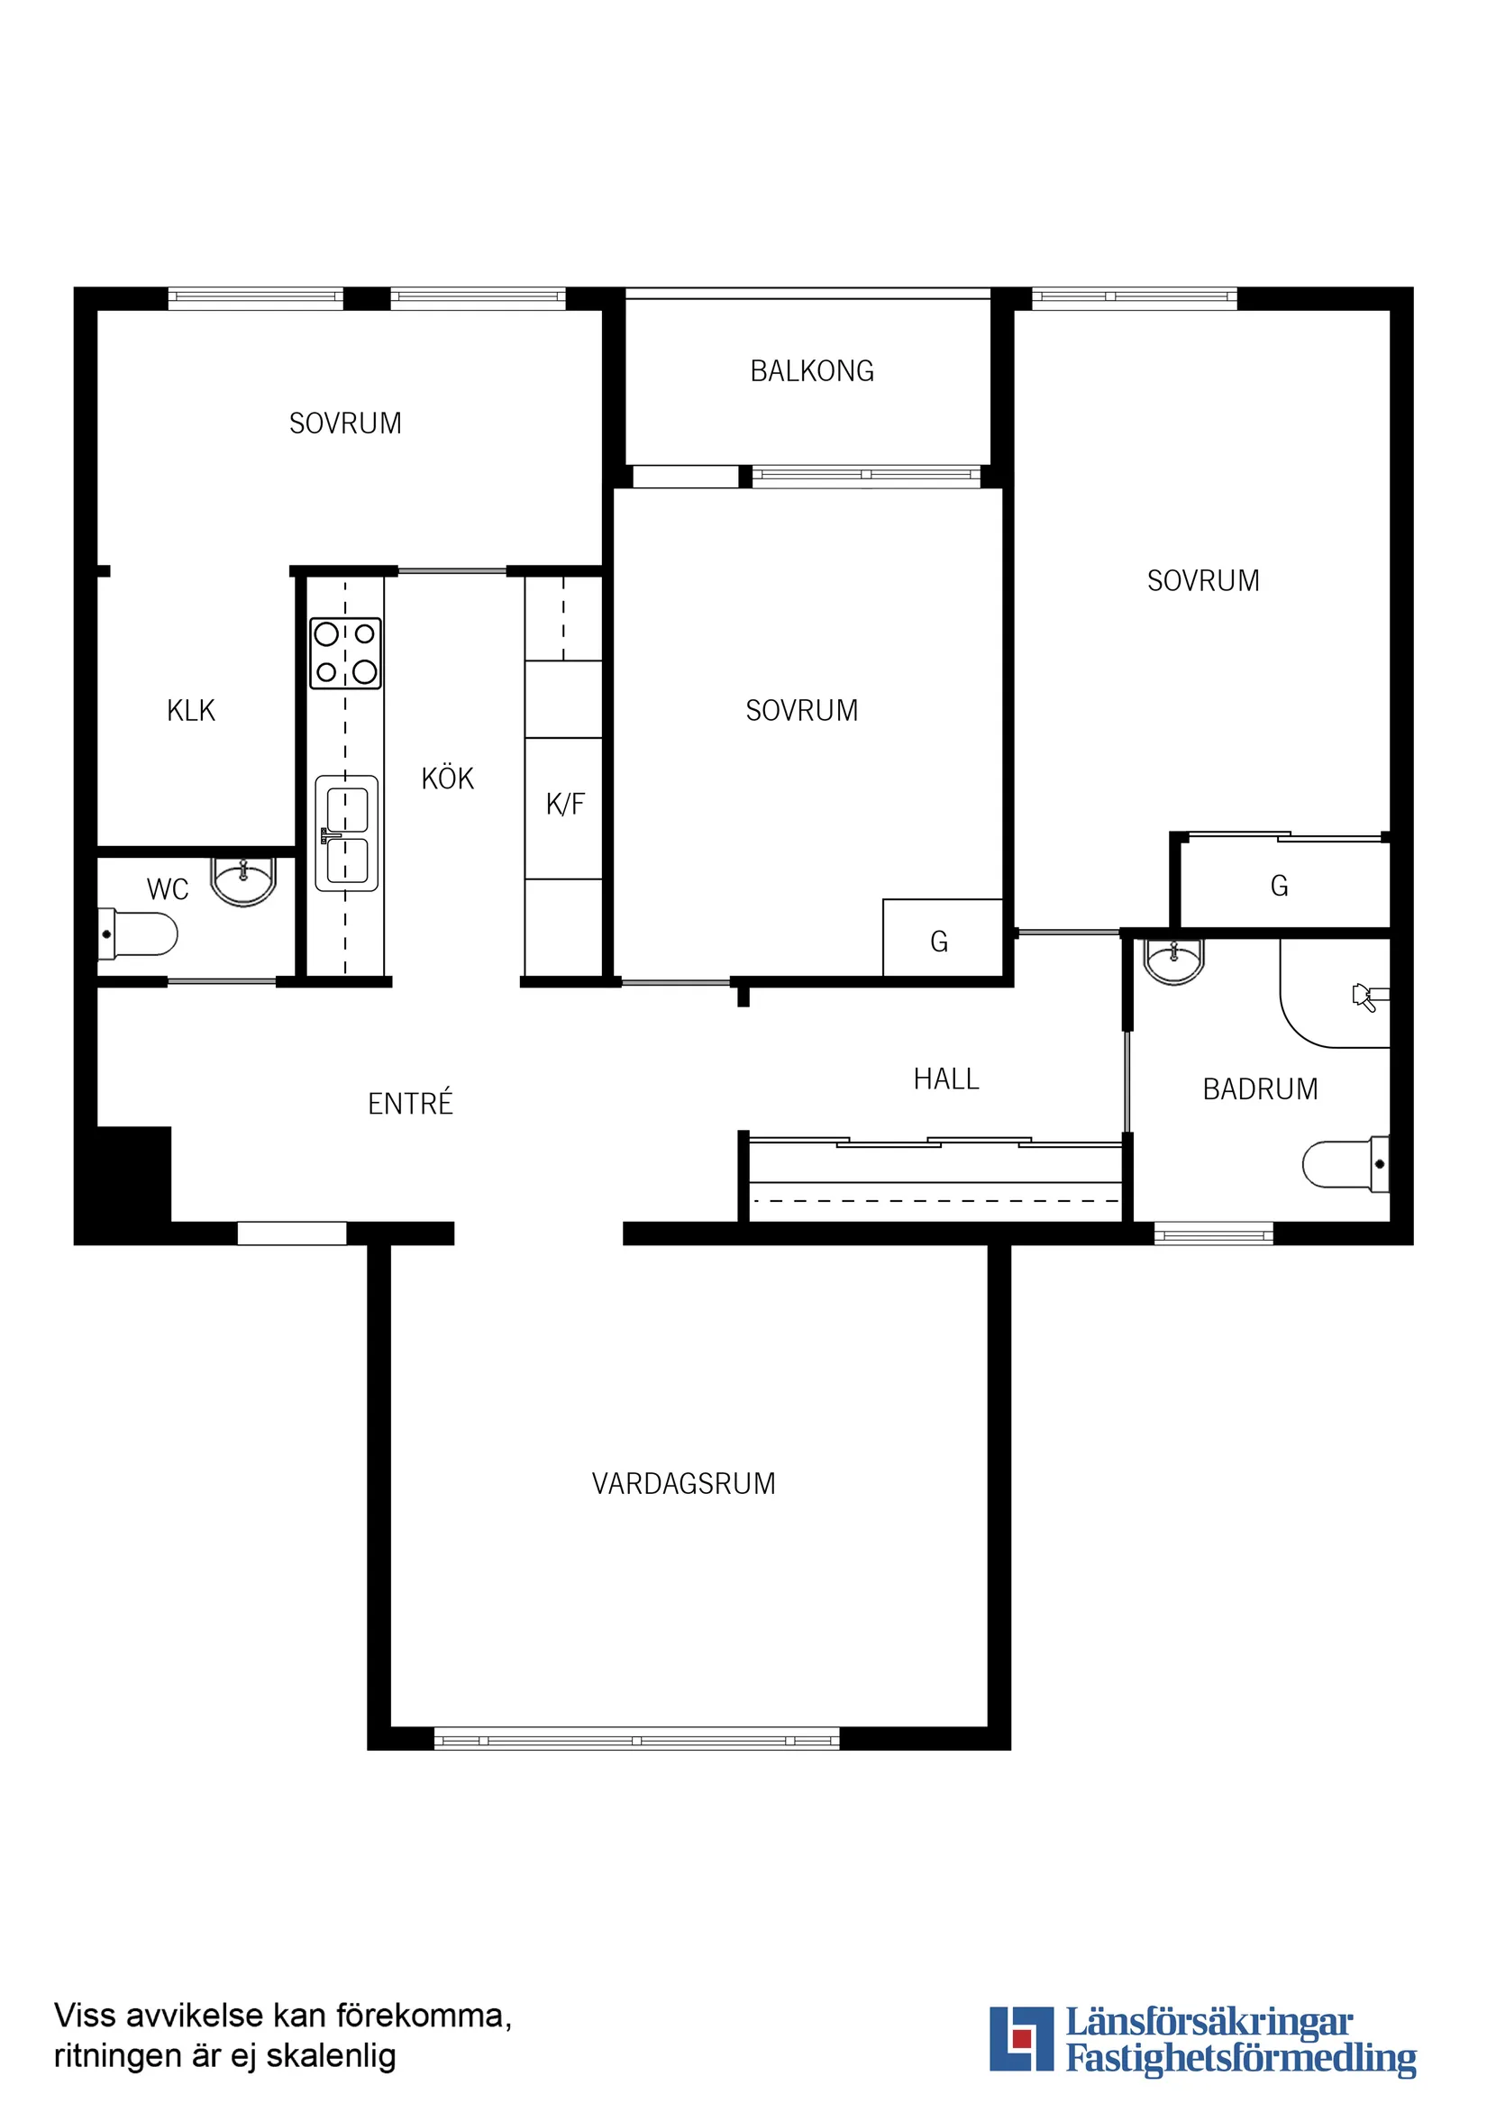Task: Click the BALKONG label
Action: pos(812,371)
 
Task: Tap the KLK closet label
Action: pos(190,710)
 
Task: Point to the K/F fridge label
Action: pos(564,805)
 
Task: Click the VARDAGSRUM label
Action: pos(683,1484)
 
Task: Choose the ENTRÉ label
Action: pos(410,1103)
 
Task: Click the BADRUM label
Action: pos(1260,1089)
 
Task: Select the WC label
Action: pos(168,889)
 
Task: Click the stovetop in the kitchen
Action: pos(345,654)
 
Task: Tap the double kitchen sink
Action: pos(346,833)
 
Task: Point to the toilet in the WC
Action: pos(137,934)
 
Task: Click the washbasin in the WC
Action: pos(242,881)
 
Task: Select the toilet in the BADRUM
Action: pos(1346,1164)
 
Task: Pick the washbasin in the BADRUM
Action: pos(1173,960)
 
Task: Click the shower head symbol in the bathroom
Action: pos(1369,997)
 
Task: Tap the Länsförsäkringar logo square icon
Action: pos(1022,2039)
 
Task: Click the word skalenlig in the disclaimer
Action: pos(331,2055)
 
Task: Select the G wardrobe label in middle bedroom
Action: pos(939,942)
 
